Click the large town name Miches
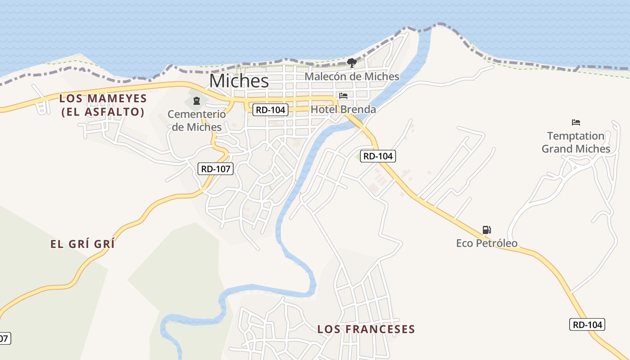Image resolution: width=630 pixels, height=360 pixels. [x=239, y=81]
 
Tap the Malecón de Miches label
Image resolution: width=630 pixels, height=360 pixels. [x=352, y=76]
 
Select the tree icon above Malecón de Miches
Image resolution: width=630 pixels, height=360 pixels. [x=352, y=63]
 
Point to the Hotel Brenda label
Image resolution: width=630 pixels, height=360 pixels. [x=343, y=109]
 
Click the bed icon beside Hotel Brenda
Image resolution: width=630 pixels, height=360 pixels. [x=343, y=96]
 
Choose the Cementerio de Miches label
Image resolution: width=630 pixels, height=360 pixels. [x=197, y=121]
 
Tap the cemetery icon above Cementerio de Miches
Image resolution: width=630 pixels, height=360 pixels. [x=196, y=100]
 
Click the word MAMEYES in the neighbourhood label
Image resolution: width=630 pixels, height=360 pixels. [x=118, y=99]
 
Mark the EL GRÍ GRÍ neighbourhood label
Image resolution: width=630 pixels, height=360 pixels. [x=82, y=244]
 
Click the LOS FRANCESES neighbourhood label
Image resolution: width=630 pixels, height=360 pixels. [x=366, y=329]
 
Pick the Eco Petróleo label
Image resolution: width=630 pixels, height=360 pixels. [x=486, y=243]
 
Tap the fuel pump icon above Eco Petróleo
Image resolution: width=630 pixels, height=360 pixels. [x=486, y=230]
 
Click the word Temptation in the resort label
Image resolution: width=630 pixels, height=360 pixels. [x=576, y=136]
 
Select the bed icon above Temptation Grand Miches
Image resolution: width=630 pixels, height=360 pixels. [x=576, y=122]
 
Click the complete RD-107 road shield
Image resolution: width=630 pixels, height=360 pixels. [x=216, y=169]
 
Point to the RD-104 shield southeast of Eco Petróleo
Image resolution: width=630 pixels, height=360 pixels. [x=587, y=324]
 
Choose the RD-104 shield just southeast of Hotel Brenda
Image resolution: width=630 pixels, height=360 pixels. [x=378, y=156]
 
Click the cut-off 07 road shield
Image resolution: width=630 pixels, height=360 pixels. [x=4, y=338]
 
